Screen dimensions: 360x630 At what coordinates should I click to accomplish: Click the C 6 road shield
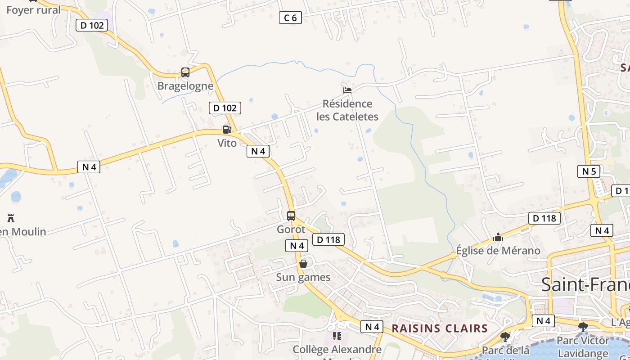point(290,18)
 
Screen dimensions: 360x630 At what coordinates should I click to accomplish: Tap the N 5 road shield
point(589,171)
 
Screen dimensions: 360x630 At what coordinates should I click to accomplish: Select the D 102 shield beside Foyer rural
point(92,25)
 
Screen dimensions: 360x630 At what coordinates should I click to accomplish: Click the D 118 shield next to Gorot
point(328,239)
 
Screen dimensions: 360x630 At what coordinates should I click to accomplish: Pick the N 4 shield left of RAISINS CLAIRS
point(372,327)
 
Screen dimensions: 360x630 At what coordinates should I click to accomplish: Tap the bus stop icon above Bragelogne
point(185,72)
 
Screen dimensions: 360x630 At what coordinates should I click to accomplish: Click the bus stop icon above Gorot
point(291,216)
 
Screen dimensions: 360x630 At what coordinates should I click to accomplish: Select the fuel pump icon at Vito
point(227,130)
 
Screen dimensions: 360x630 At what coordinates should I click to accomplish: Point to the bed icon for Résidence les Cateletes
point(347,90)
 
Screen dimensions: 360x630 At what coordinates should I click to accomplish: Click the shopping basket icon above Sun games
point(303,264)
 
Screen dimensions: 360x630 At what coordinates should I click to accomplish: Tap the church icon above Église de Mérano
point(498,237)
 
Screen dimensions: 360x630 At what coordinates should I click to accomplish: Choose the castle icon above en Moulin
point(11,219)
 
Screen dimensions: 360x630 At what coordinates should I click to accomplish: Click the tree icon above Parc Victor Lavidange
point(583,327)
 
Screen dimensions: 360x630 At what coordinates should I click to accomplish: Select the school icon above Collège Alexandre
point(337,336)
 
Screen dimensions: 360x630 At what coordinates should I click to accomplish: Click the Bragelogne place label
point(185,85)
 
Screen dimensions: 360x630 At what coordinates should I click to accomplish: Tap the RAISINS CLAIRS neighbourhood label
point(440,328)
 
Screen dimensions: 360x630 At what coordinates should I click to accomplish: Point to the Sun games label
point(303,277)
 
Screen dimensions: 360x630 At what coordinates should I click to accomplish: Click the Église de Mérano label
point(498,251)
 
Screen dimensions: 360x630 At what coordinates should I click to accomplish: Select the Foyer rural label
point(33,10)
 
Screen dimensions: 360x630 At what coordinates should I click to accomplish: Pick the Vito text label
point(227,143)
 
